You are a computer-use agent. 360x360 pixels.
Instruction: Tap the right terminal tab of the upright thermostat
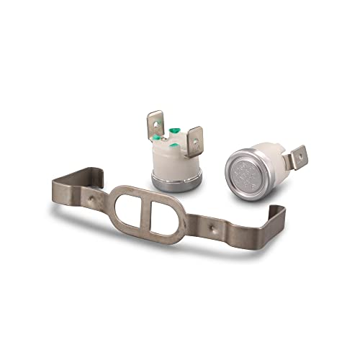193,139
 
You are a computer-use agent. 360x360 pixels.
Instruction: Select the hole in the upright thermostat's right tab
194,136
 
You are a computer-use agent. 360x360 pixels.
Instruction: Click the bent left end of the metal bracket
66,181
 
